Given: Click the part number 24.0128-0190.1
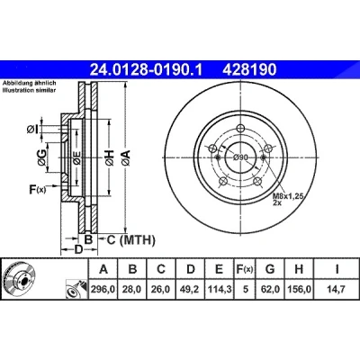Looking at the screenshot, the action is [x=147, y=70].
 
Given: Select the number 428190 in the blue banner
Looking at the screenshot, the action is [x=249, y=70].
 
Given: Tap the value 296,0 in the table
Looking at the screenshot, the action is [x=103, y=290].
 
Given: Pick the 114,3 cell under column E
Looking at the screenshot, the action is [x=220, y=290].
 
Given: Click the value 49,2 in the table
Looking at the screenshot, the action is [x=191, y=290].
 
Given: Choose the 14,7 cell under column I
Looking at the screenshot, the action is [x=336, y=290].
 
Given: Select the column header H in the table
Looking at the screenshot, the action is [x=299, y=269].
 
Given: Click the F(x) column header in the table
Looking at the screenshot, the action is [x=245, y=269].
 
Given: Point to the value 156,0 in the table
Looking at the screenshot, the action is [x=299, y=290].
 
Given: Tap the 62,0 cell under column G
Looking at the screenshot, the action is [x=270, y=290].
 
